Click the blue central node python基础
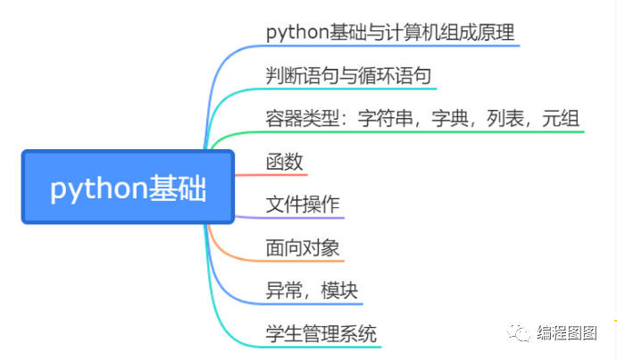click(127, 188)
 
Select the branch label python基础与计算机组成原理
click(390, 31)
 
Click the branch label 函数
click(285, 162)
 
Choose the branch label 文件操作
click(303, 204)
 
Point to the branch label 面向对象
click(303, 247)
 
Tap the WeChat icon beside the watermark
click(520, 333)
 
